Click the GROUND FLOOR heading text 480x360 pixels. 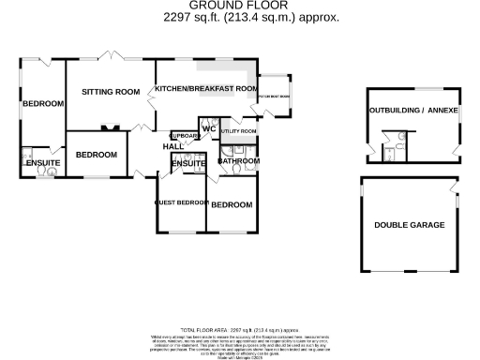(x=238, y=5)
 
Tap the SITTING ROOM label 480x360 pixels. (x=110, y=92)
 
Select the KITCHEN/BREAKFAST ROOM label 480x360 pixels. (x=206, y=89)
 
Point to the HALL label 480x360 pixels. (x=173, y=146)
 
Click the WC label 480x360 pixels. (x=209, y=128)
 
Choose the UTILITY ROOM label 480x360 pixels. (x=237, y=132)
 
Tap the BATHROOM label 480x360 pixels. (x=238, y=161)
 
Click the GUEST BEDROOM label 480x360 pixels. (x=180, y=202)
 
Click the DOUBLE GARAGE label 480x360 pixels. (x=409, y=226)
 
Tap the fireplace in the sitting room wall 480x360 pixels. (x=110, y=127)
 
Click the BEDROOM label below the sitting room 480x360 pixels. (x=96, y=155)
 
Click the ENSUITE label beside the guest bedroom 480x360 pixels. (x=188, y=165)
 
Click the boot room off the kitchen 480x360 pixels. (x=275, y=95)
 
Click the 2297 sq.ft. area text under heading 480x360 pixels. (x=238, y=17)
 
